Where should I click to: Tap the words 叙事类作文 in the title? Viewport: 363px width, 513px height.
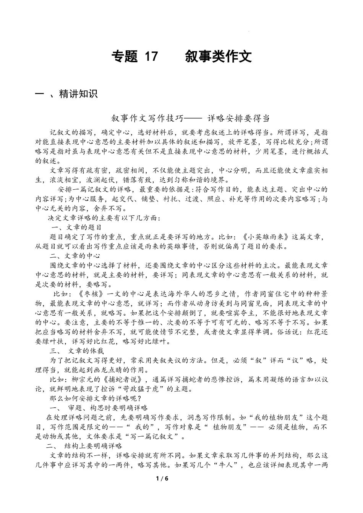pyautogui.click(x=218, y=57)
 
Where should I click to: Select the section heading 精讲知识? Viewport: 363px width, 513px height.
pyautogui.click(x=78, y=94)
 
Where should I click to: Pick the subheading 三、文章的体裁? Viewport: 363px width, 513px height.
pyautogui.click(x=77, y=350)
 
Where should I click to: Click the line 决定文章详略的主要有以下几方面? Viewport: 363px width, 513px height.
pyautogui.click(x=104, y=218)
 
